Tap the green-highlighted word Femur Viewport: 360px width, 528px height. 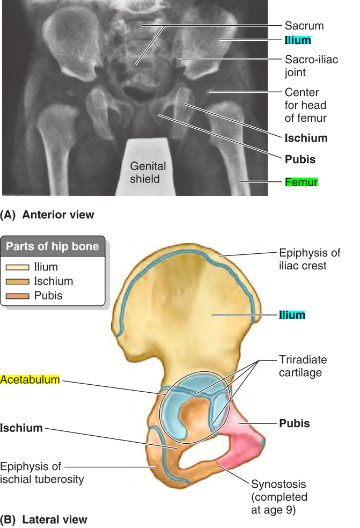(301, 182)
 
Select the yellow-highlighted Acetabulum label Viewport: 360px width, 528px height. (30, 380)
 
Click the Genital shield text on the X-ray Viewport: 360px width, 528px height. (148, 172)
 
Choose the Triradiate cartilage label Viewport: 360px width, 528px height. (303, 365)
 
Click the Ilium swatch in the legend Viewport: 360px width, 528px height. (18, 267)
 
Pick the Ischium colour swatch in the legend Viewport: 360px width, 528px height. (18, 281)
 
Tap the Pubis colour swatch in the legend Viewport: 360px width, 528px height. (18, 296)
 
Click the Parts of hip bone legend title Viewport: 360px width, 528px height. (53, 247)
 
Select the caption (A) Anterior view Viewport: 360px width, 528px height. (47, 215)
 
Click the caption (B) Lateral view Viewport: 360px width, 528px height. (43, 519)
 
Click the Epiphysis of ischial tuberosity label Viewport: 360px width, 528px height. (42, 472)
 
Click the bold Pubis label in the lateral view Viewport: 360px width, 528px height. (295, 423)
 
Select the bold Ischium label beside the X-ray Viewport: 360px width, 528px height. (306, 138)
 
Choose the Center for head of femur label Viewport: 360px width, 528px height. (305, 105)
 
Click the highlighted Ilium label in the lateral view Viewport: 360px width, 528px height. (292, 315)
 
